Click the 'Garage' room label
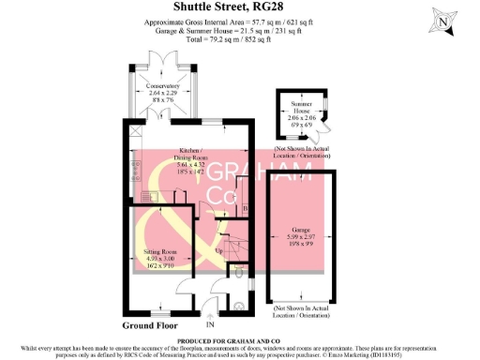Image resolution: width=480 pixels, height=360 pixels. click(300, 229)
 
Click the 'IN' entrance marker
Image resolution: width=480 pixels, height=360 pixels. click(223, 323)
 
